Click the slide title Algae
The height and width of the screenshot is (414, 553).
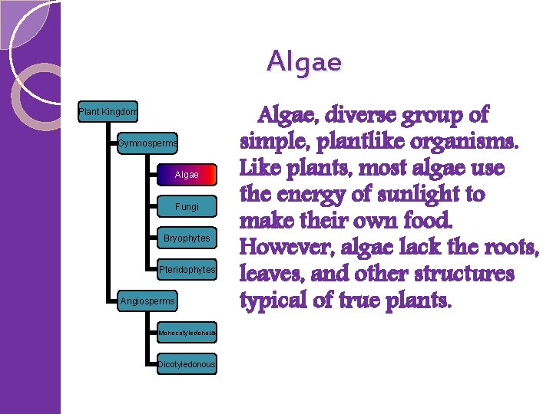coord(304,61)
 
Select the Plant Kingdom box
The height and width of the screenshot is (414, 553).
coord(108,113)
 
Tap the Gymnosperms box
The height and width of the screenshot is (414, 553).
coord(147,143)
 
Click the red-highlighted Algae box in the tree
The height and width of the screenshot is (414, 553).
coord(187,175)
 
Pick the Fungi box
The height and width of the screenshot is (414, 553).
coord(187,207)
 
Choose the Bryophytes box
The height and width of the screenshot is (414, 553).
coord(187,238)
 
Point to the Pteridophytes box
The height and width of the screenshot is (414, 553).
coord(187,270)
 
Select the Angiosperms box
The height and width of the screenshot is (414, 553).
coord(147,301)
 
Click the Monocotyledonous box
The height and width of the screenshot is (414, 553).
coord(187,333)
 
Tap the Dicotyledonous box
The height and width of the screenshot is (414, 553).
coord(187,364)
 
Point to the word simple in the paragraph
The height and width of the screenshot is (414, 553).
coord(272,143)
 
